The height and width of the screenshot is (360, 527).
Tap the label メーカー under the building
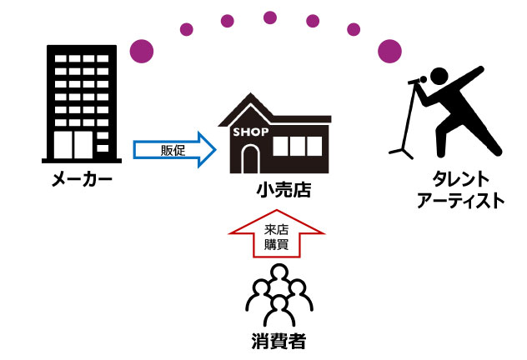coord(81,180)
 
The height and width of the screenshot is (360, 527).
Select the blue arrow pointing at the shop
coord(174,150)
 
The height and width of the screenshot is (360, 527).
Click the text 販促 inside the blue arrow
coord(172,150)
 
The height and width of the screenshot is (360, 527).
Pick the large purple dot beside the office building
coord(143,51)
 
